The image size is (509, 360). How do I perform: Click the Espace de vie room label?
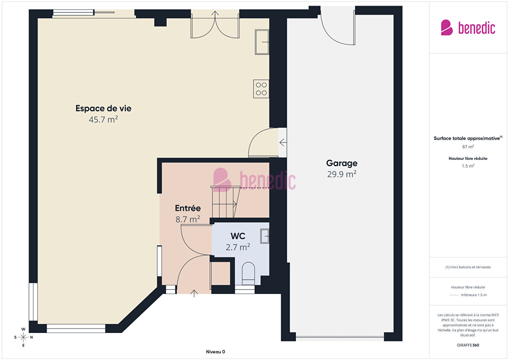pyautogui.click(x=103, y=108)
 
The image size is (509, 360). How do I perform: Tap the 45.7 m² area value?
pyautogui.click(x=103, y=119)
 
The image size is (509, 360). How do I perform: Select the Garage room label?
pyautogui.click(x=342, y=163)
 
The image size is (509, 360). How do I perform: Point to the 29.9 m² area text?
pyautogui.click(x=342, y=174)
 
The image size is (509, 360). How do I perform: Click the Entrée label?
pyautogui.click(x=188, y=208)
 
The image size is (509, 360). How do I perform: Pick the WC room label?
pyautogui.click(x=238, y=236)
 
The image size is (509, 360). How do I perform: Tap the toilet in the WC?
pyautogui.click(x=248, y=274)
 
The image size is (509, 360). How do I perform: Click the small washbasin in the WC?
pyautogui.click(x=265, y=236)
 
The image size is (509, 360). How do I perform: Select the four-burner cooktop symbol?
pyautogui.click(x=261, y=89)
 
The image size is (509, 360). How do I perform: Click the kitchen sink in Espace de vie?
pyautogui.click(x=262, y=42)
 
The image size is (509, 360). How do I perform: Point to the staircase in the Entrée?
pyautogui.click(x=225, y=202)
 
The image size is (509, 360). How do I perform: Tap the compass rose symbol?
pyautogui.click(x=23, y=337)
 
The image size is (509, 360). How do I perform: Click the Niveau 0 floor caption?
pyautogui.click(x=215, y=352)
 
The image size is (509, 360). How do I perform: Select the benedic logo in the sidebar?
pyautogui.click(x=468, y=27)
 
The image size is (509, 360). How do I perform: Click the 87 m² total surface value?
pyautogui.click(x=468, y=147)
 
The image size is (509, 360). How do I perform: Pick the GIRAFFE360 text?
pyautogui.click(x=468, y=345)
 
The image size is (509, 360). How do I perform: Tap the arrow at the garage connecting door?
pyautogui.click(x=283, y=143)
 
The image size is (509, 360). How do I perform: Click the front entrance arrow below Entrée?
pyautogui.click(x=194, y=294)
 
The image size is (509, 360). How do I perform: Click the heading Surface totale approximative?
pyautogui.click(x=467, y=138)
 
